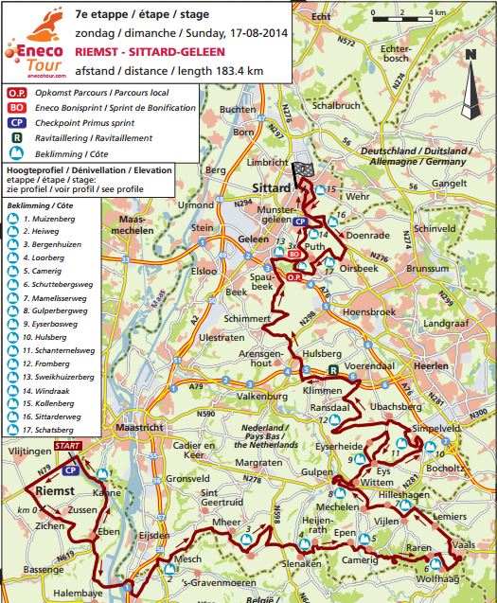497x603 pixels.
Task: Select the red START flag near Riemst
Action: [68, 445]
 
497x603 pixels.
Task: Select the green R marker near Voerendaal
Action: [333, 369]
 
